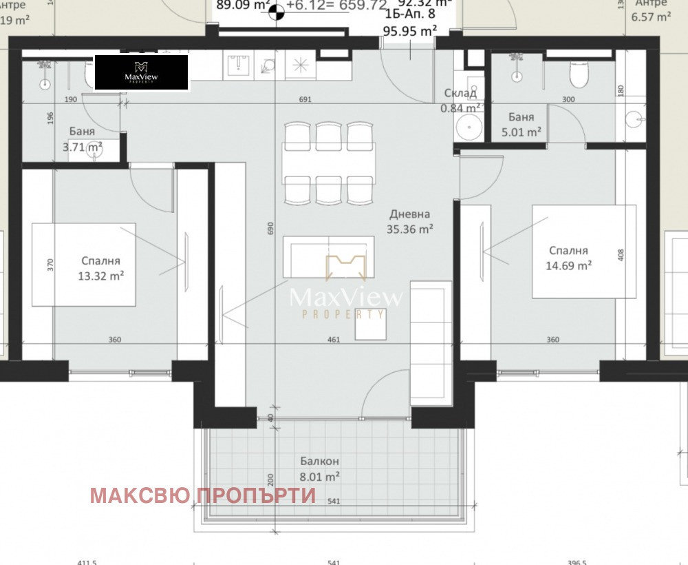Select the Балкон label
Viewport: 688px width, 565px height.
pos(319,461)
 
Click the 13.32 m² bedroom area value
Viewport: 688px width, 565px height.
pos(101,276)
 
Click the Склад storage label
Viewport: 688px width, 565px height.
pos(460,93)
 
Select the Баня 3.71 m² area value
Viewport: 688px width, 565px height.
pos(83,146)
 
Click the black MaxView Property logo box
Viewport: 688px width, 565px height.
pos(141,73)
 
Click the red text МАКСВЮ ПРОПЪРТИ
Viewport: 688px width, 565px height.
pos(203,495)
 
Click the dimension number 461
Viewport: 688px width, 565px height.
pos(333,340)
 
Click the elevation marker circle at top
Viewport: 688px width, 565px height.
pos(276,10)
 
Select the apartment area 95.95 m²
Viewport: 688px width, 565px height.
pos(410,31)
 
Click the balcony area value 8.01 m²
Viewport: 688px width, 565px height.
pos(319,476)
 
